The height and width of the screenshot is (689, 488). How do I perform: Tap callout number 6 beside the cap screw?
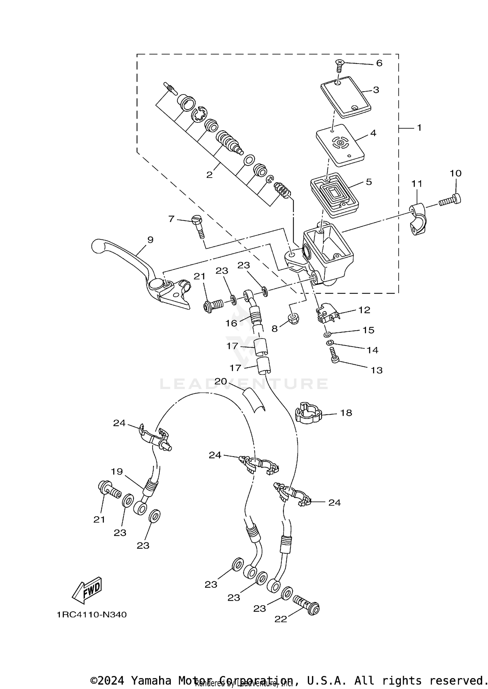click(379, 63)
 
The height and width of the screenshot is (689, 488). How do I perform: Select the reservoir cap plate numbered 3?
click(346, 97)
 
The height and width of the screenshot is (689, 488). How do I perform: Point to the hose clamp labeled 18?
click(308, 415)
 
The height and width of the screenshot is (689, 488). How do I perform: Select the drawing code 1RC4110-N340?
click(92, 615)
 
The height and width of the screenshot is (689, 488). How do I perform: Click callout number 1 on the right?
click(419, 128)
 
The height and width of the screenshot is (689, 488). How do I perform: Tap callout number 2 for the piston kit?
click(209, 175)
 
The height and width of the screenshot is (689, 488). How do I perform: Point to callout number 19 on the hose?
click(117, 471)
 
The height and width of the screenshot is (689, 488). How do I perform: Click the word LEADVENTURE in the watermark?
click(244, 384)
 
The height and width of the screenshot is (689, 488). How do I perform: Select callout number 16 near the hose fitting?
click(231, 323)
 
